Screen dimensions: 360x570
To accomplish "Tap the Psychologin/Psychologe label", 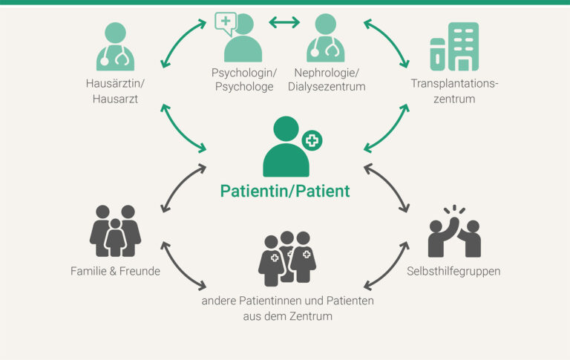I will [x=243, y=80].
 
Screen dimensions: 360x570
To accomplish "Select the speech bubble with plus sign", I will [x=226, y=23].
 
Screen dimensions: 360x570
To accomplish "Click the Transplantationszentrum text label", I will [x=454, y=91].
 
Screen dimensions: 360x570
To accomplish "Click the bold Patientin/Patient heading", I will [x=285, y=191].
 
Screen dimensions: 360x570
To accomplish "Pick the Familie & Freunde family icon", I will [x=115, y=231].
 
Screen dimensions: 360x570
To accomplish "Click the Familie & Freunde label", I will [x=115, y=271].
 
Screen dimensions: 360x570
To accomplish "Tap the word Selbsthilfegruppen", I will [x=453, y=271].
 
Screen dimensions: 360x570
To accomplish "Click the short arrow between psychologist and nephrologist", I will [x=284, y=22].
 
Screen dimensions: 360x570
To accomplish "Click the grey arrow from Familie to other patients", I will [x=183, y=264].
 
